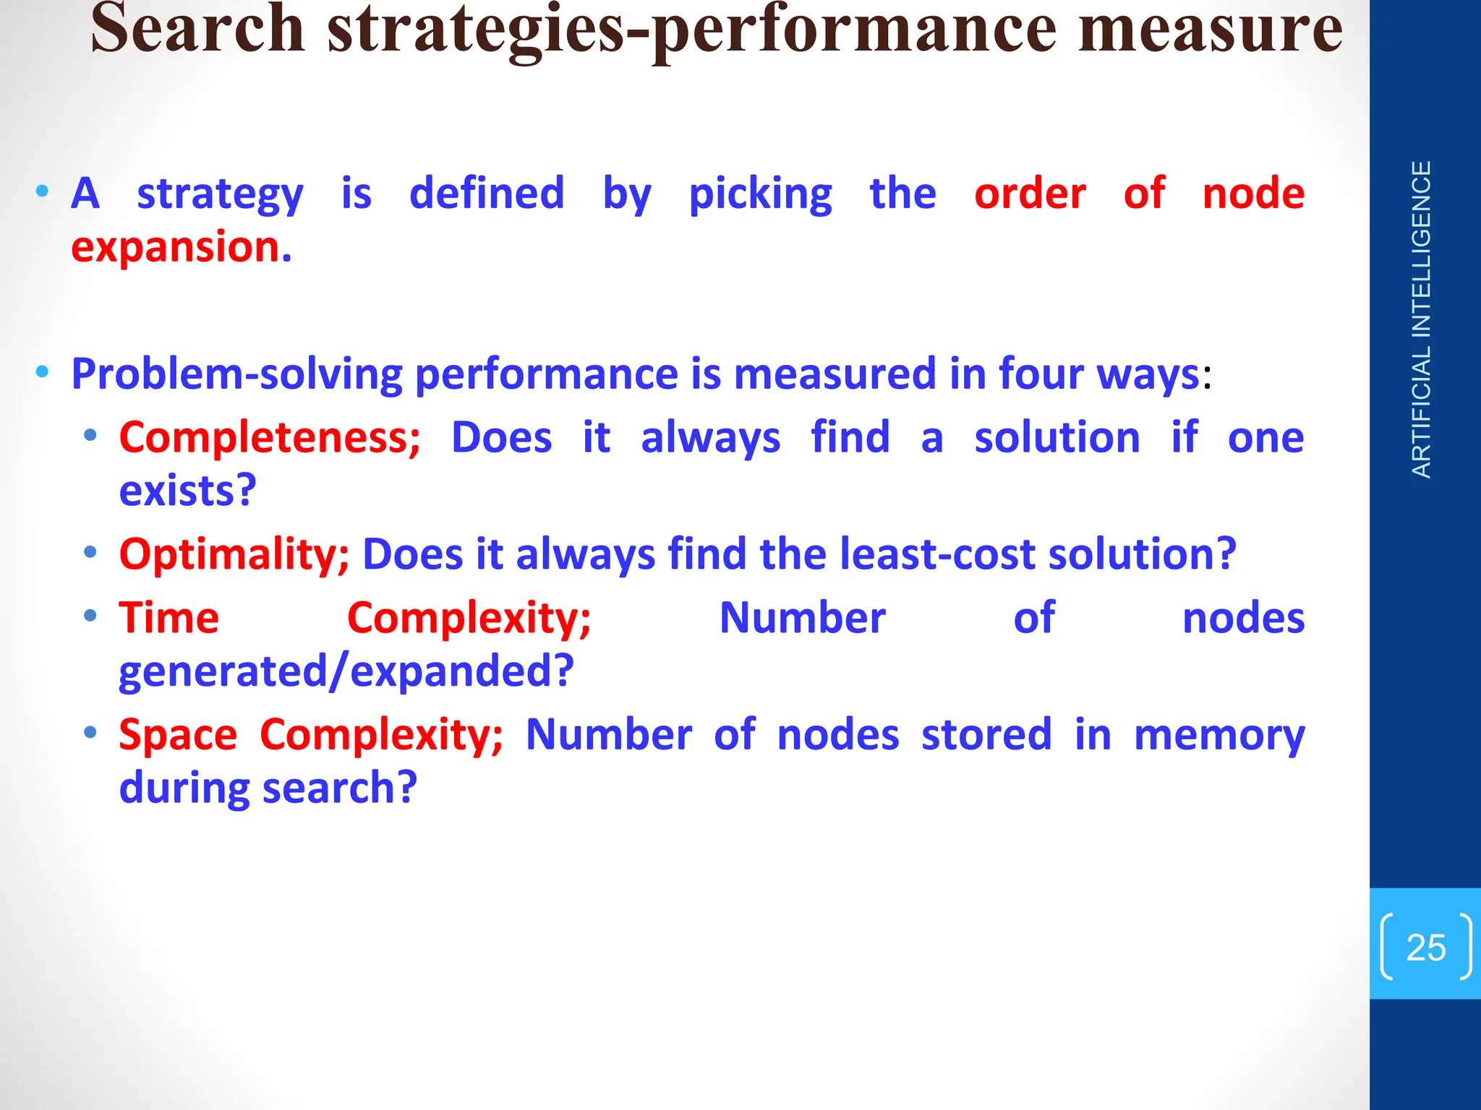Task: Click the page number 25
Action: pos(1425,947)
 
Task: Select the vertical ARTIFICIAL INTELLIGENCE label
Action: pos(1422,319)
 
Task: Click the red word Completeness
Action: pos(270,438)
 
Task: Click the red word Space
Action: pos(178,735)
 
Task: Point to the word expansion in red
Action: pos(181,247)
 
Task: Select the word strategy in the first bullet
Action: pos(220,194)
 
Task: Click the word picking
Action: pos(760,194)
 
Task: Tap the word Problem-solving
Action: pos(237,374)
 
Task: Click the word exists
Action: pos(187,491)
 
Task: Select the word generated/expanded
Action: pos(346,671)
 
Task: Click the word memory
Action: pos(1219,736)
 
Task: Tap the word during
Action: pos(184,788)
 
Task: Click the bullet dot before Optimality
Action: pos(90,553)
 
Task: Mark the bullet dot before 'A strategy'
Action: pos(43,192)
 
